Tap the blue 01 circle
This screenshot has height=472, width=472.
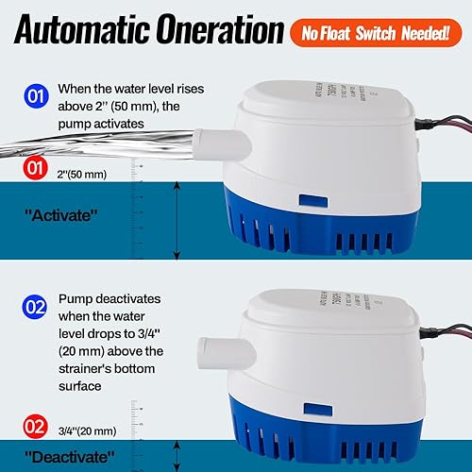point(34,96)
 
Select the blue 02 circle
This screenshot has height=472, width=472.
point(34,307)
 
